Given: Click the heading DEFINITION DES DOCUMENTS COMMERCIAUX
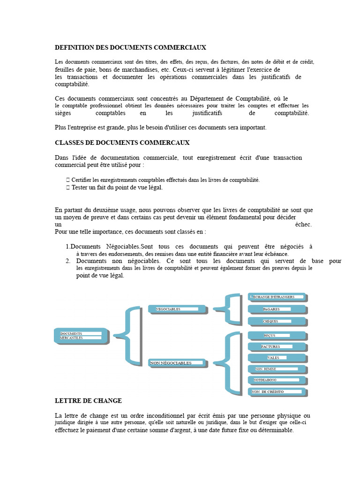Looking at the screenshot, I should tap(130, 48).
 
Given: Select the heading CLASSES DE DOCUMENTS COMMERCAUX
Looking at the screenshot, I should tap(122, 142).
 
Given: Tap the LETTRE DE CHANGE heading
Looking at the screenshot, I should tap(88, 401).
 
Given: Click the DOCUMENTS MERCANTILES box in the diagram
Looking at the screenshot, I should tap(81, 336).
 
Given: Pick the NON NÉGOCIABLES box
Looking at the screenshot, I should tap(177, 363).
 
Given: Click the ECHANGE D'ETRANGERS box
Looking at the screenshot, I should tap(277, 297).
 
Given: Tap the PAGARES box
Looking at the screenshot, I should tap(277, 309).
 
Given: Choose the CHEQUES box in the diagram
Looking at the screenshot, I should tap(277, 322).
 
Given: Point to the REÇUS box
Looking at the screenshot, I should tap(277, 336).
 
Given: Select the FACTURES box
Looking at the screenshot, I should tap(277, 347).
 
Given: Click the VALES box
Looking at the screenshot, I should tap(277, 358).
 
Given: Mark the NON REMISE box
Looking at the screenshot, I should tap(277, 369).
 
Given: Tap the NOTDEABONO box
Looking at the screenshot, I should tap(277, 380).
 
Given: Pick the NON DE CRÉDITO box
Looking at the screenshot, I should tap(277, 392).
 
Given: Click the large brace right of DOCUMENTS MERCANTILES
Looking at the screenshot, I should tap(127, 335).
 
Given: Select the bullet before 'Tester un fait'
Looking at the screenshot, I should tap(68, 187).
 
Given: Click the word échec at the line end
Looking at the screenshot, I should tap(303, 225).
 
